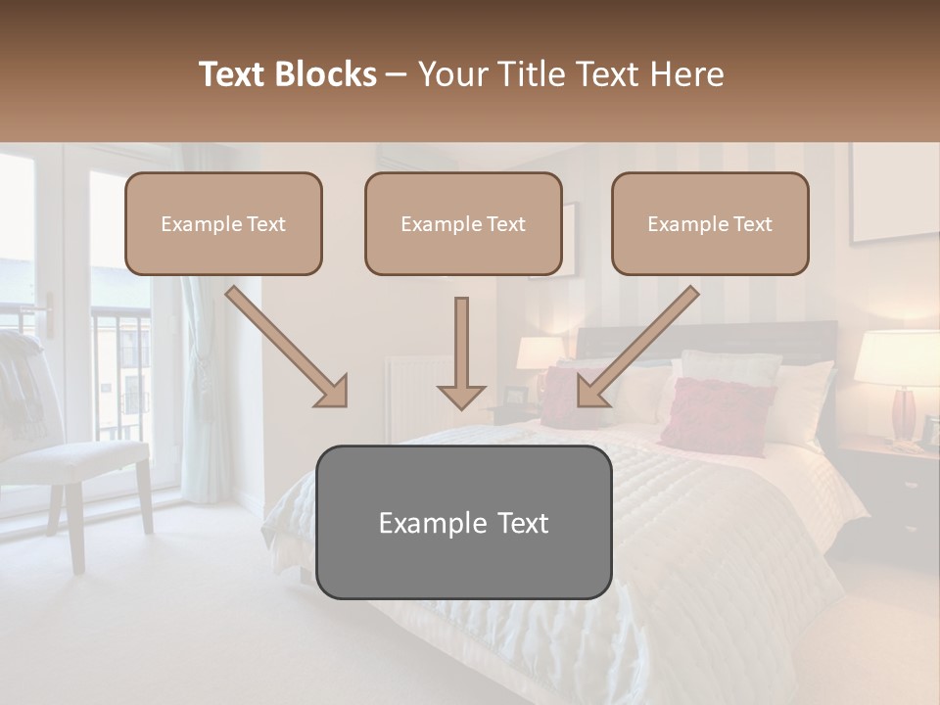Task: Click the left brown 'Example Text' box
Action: (223, 224)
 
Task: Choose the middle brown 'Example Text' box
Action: (463, 224)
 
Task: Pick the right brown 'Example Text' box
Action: (710, 224)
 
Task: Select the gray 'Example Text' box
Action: (463, 522)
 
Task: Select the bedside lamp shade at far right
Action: (897, 358)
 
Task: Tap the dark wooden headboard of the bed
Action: (705, 338)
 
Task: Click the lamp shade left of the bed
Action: (540, 352)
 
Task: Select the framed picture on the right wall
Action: (894, 192)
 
